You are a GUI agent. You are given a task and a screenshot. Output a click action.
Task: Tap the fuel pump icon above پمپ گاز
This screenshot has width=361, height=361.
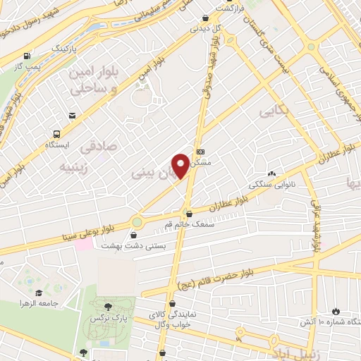(x=27, y=56)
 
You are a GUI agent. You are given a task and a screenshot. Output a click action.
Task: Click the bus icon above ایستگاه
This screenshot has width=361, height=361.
(x=56, y=133)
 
